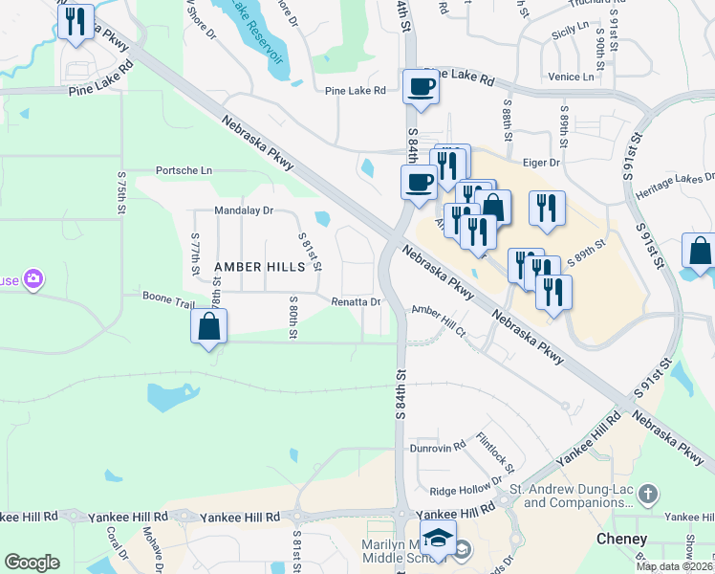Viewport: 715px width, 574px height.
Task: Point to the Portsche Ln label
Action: (x=184, y=170)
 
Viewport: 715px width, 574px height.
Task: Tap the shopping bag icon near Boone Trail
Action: (x=209, y=327)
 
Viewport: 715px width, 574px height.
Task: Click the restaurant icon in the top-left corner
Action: (x=76, y=21)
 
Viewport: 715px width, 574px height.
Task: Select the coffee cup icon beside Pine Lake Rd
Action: (x=421, y=88)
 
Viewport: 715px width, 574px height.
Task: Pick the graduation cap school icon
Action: (x=438, y=538)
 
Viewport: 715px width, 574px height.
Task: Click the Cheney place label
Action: (x=621, y=539)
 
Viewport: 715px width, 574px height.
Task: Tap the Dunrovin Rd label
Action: (x=438, y=447)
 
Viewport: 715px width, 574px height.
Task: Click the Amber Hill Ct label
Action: (x=438, y=321)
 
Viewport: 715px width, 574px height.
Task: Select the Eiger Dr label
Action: (x=540, y=163)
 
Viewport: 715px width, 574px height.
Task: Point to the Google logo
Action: (x=32, y=562)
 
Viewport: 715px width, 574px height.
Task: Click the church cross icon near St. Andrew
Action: (x=648, y=494)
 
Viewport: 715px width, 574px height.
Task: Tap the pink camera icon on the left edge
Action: (x=34, y=279)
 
